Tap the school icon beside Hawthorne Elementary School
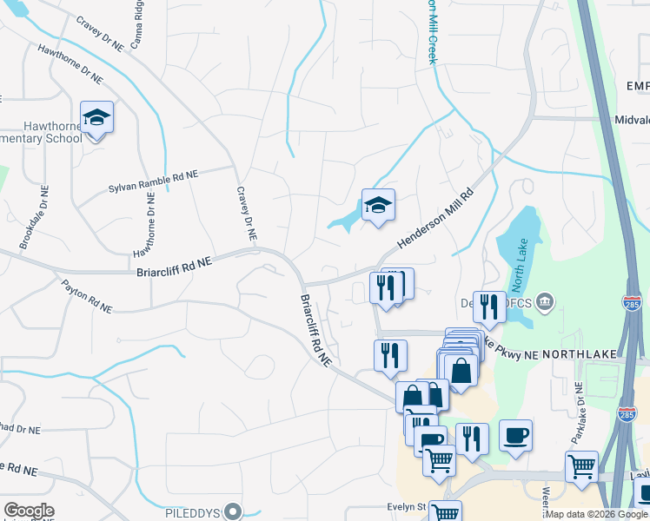tap(96, 117)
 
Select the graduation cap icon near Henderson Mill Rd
tap(378, 206)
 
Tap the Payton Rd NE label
tap(86, 295)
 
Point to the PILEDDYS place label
tap(191, 511)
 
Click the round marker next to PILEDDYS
tap(233, 511)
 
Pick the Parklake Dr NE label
tap(579, 410)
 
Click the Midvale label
tap(632, 121)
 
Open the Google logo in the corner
tap(30, 511)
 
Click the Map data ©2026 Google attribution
tap(596, 514)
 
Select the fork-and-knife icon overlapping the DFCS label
tap(489, 306)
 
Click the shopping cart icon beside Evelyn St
tap(446, 511)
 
